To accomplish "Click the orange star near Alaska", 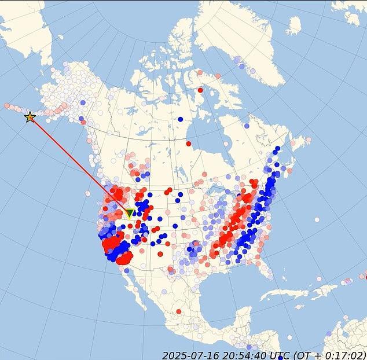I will click(x=30, y=117).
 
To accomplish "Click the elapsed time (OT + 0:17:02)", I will click(x=330, y=354).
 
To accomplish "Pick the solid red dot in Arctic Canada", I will click(x=200, y=90).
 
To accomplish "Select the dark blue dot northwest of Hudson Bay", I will click(x=181, y=119).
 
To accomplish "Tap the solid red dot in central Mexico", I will click(x=178, y=311).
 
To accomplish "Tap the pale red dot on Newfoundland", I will click(x=308, y=139).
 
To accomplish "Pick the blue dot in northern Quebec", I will click(x=247, y=126).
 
